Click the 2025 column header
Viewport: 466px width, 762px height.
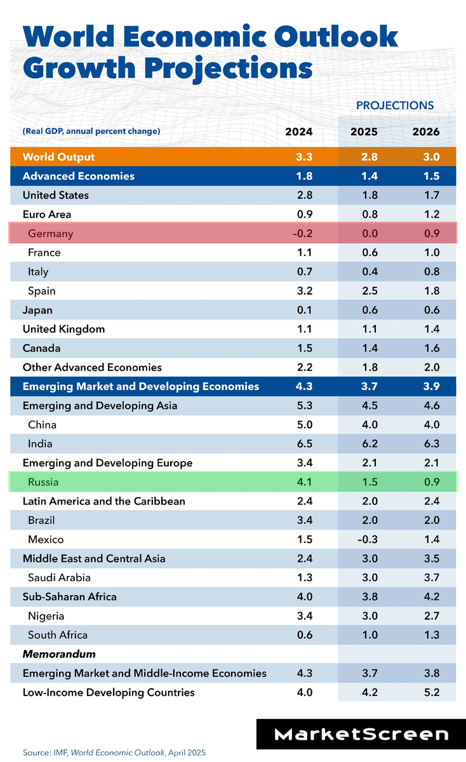pyautogui.click(x=364, y=132)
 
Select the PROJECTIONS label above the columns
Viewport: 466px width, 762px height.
pyautogui.click(x=395, y=105)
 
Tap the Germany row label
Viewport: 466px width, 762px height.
pyautogui.click(x=51, y=234)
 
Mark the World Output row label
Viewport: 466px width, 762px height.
pyautogui.click(x=58, y=157)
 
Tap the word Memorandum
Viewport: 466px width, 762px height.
pyautogui.click(x=50, y=653)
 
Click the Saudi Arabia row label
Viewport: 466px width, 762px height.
pyautogui.click(x=59, y=577)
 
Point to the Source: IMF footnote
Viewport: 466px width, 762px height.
pyautogui.click(x=114, y=752)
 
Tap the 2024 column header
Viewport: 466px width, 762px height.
pyautogui.click(x=299, y=132)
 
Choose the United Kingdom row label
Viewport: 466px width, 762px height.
pyautogui.click(x=63, y=329)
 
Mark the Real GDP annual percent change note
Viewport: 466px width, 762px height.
pyautogui.click(x=91, y=131)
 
